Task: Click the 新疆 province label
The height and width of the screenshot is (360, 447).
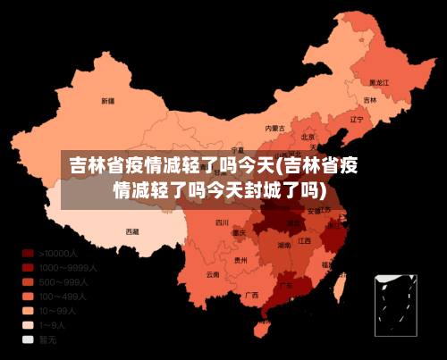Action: click(x=107, y=100)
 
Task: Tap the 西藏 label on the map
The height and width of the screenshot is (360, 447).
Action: click(x=132, y=231)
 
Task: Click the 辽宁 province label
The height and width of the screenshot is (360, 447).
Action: click(x=358, y=119)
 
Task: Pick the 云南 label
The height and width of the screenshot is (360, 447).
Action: click(x=212, y=274)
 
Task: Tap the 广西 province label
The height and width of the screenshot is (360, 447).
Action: click(x=252, y=295)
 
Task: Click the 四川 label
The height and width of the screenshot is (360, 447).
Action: click(x=223, y=222)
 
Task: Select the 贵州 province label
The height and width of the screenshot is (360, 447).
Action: click(x=241, y=260)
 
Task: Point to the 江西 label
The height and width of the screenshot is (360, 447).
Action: click(x=305, y=241)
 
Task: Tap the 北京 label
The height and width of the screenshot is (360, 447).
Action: click(x=308, y=138)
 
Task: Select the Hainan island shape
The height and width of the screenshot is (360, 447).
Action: click(x=263, y=329)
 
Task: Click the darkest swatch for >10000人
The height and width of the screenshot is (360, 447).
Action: click(x=28, y=253)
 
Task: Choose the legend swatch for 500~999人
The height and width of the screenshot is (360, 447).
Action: click(x=28, y=281)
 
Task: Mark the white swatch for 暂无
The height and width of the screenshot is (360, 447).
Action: click(x=28, y=339)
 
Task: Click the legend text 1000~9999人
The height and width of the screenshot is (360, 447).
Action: click(x=68, y=267)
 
